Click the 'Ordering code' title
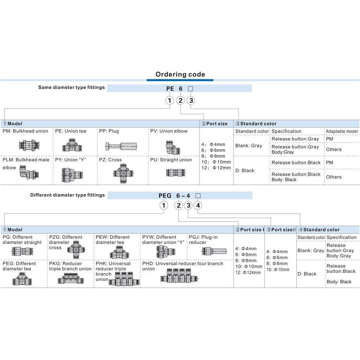(180, 75)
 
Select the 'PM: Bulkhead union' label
(25, 131)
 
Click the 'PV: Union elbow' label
(169, 131)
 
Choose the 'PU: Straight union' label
(171, 160)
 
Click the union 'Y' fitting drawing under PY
(72, 174)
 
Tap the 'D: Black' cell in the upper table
(245, 171)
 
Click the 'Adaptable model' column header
(342, 131)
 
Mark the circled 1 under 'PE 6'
(170, 101)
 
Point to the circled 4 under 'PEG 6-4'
(198, 205)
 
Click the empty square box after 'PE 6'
(191, 89)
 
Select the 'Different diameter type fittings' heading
(67, 195)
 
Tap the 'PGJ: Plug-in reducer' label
(203, 240)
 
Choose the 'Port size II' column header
(281, 230)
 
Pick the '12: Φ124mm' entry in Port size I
(248, 272)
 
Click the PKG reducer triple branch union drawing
(71, 279)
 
